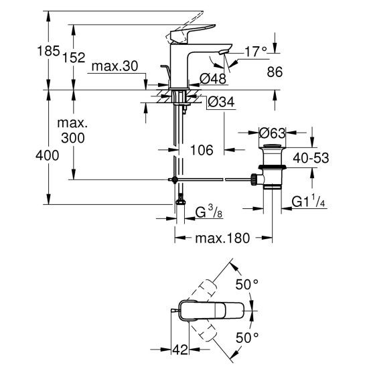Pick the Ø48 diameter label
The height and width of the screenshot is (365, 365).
click(213, 79)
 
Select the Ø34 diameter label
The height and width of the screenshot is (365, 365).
click(219, 104)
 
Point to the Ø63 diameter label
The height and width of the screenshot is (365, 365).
click(274, 133)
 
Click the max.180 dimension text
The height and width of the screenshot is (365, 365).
click(224, 238)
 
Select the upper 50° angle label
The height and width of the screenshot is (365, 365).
click(250, 284)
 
